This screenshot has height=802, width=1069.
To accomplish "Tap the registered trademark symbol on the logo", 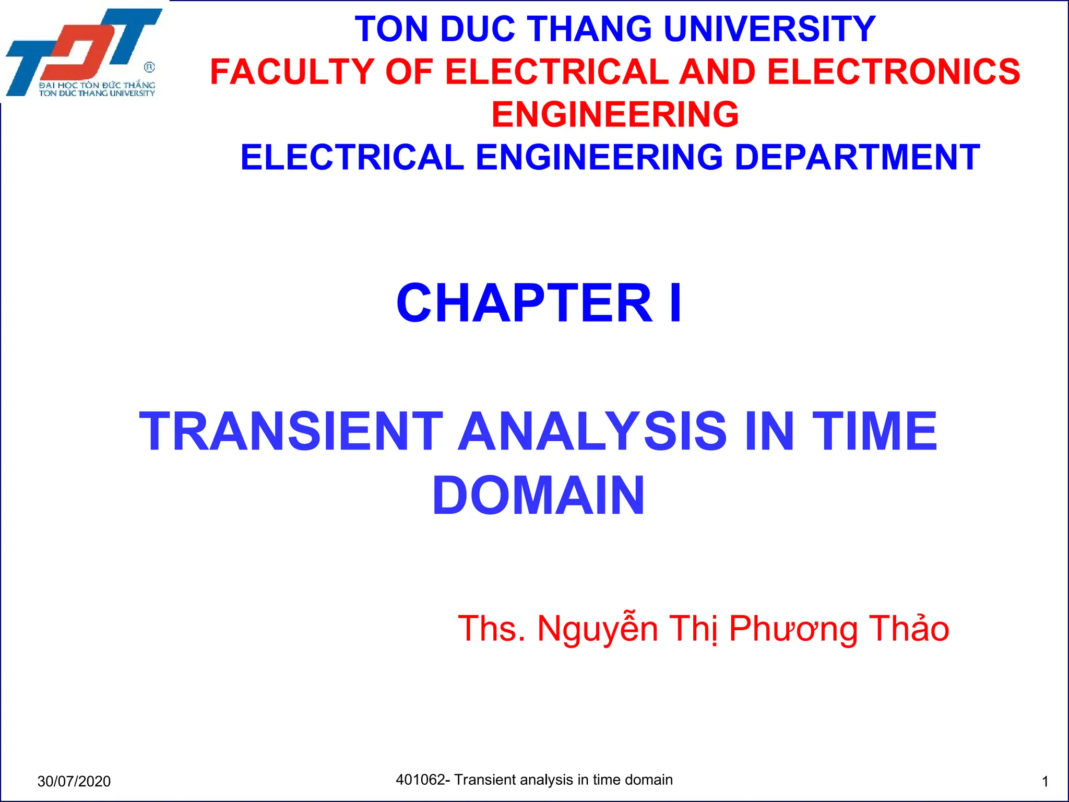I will tap(149, 67).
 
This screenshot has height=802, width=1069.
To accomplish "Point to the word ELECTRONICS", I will tap(893, 72).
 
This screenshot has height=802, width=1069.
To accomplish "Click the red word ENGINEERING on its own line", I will tap(615, 114).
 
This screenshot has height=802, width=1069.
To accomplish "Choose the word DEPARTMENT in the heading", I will tap(857, 157).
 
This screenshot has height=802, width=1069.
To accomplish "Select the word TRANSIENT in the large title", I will tap(291, 431).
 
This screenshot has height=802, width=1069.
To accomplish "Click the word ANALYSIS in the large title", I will tap(592, 431).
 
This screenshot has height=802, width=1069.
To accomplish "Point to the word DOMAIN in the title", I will tap(538, 496).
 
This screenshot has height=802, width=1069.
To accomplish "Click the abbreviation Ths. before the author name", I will tap(491, 628).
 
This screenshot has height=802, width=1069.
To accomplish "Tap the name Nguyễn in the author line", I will tap(598, 629).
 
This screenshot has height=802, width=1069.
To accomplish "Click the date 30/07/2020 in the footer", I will tap(74, 781).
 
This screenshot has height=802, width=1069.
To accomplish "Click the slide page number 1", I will tap(1045, 782).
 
